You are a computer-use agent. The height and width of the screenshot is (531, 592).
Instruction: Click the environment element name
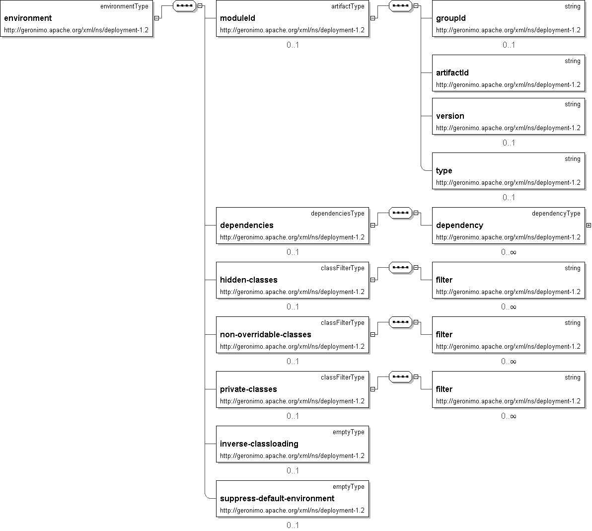[28, 18]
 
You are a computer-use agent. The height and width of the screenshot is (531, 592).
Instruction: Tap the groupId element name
[451, 18]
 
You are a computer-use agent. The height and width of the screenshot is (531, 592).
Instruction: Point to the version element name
[450, 116]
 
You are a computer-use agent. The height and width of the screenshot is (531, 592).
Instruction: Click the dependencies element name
[247, 226]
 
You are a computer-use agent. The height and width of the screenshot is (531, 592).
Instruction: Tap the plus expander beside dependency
[589, 226]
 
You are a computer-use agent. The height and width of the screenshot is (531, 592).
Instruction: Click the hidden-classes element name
[249, 280]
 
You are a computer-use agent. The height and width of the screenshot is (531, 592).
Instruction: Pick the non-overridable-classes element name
[266, 335]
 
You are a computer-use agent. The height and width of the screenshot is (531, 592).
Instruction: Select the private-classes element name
[248, 389]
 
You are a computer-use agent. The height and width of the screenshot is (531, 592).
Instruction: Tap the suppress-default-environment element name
[277, 499]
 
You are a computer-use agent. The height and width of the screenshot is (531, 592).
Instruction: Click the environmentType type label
[124, 6]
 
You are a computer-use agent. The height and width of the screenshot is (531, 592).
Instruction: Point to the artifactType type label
[348, 6]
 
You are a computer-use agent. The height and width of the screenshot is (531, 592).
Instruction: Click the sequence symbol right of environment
[183, 6]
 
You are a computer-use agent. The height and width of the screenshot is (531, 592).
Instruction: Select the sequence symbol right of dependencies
[400, 213]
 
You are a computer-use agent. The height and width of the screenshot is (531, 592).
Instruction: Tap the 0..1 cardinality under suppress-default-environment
[293, 525]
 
